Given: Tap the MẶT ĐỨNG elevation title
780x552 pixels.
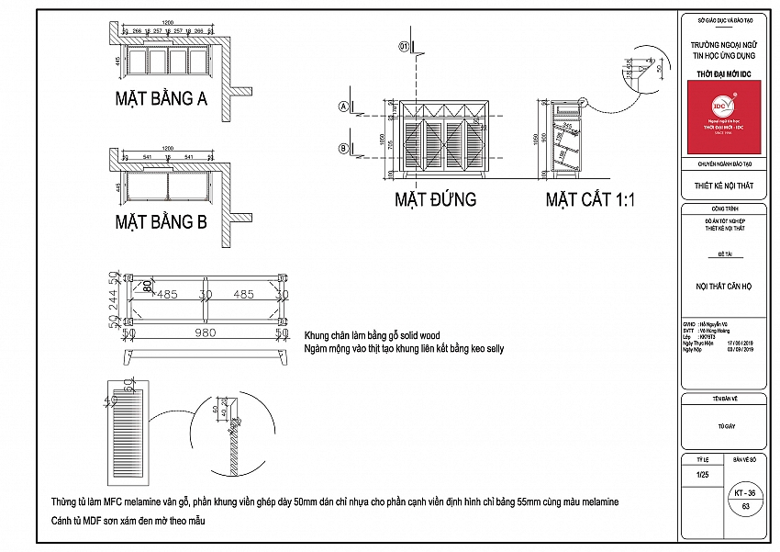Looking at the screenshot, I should point(435,198).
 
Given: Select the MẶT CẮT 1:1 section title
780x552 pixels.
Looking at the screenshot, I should point(590,198).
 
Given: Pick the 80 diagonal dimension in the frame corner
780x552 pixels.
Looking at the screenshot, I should point(146,287).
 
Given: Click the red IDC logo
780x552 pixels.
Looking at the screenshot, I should point(724,117).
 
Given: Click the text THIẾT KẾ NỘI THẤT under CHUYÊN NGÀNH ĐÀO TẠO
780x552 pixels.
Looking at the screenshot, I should point(723,185).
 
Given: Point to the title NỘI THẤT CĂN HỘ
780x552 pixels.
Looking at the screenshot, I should point(723,287).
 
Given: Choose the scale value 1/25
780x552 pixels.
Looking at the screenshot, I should point(703,474).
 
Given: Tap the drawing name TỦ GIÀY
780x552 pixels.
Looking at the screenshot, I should point(723,426).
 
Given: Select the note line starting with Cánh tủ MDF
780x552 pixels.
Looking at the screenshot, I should point(128,521).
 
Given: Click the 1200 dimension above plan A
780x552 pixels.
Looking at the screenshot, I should point(168,21).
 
